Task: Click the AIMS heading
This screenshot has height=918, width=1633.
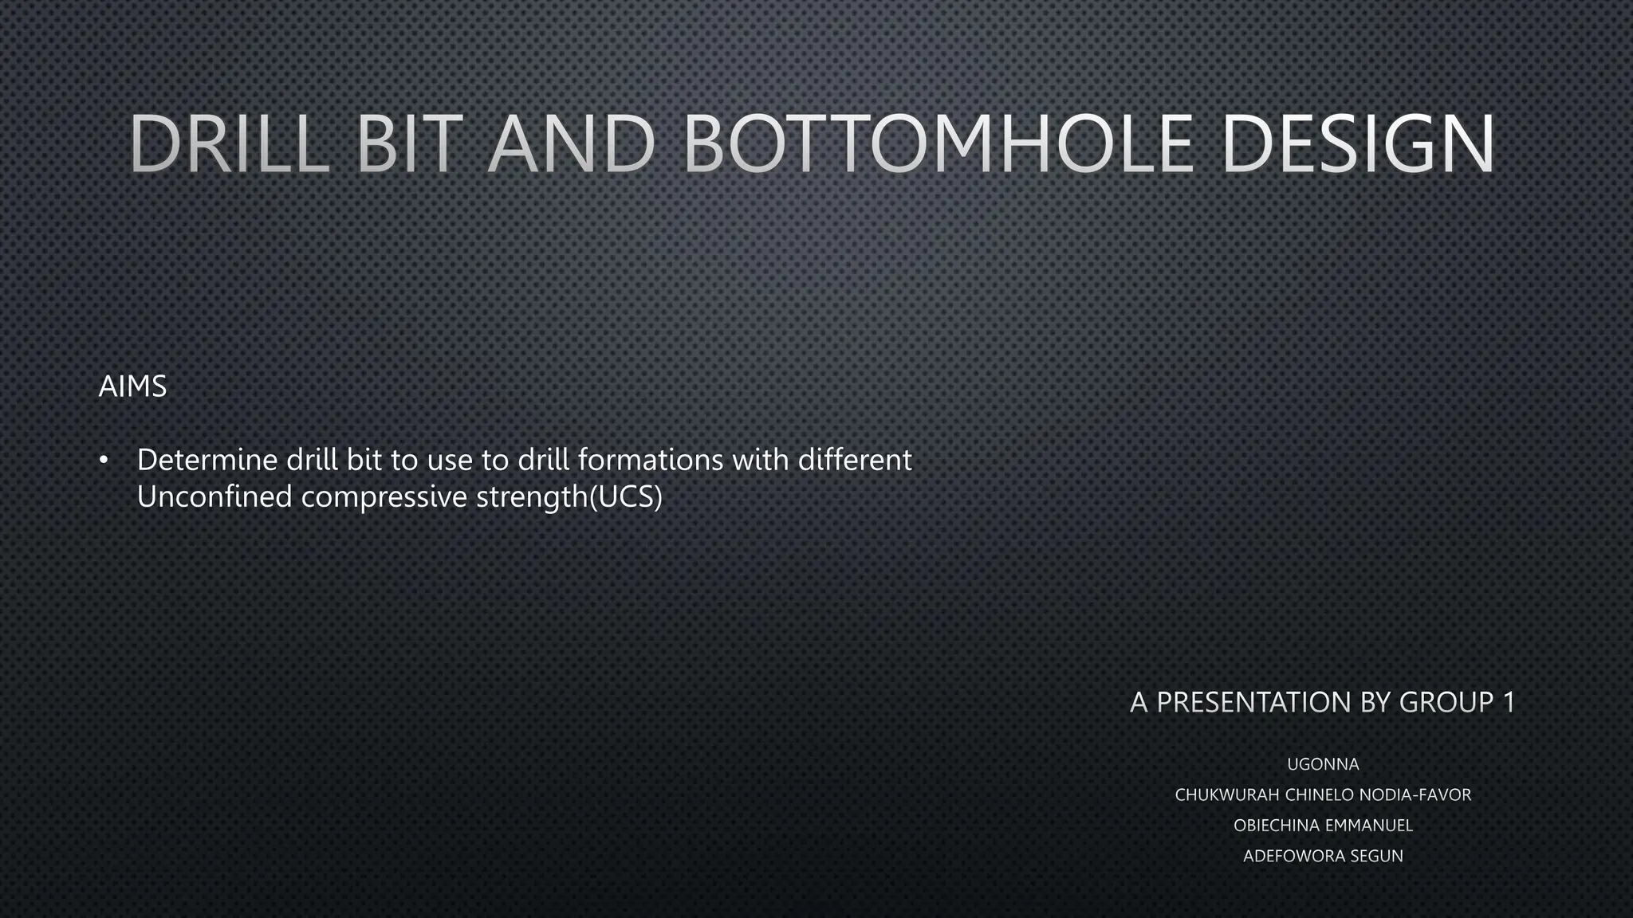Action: point(132,386)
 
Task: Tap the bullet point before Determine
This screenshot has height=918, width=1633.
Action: point(104,461)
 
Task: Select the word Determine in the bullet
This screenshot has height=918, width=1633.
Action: point(207,460)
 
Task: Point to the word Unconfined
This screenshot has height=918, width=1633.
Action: point(214,496)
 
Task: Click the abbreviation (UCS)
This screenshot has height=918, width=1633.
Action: point(625,497)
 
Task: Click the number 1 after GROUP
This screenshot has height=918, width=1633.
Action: point(1508,702)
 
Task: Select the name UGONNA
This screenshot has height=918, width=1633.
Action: point(1323,764)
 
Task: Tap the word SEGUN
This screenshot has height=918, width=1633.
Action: point(1376,856)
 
